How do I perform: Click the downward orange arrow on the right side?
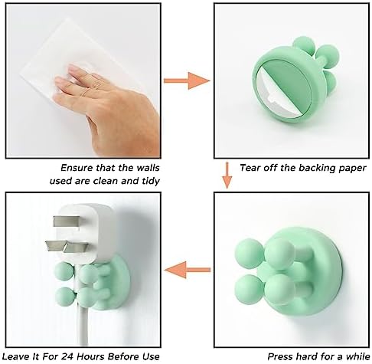pyautogui.click(x=226, y=174)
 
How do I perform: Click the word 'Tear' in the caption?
pyautogui.click(x=252, y=166)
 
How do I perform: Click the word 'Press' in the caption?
pyautogui.click(x=279, y=356)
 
